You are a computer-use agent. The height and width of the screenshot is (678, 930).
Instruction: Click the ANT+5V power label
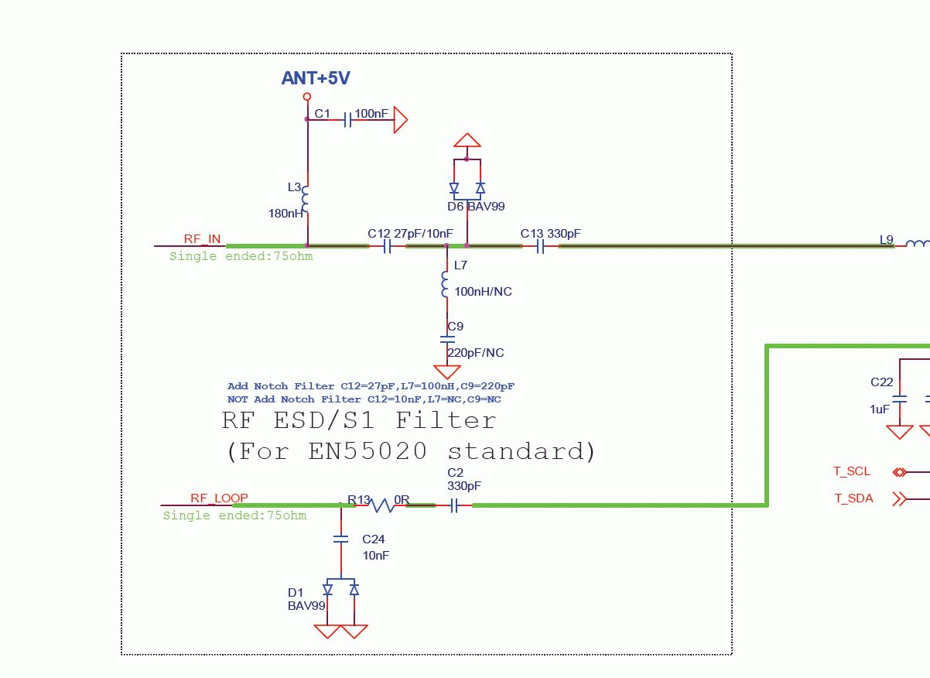pyautogui.click(x=316, y=78)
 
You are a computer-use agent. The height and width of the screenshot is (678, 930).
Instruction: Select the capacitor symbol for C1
pyautogui.click(x=347, y=120)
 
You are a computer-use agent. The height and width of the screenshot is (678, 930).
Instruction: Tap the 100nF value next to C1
pyautogui.click(x=371, y=114)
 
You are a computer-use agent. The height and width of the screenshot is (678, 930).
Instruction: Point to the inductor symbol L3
pyautogui.click(x=306, y=200)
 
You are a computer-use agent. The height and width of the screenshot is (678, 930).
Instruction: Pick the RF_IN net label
pyautogui.click(x=202, y=239)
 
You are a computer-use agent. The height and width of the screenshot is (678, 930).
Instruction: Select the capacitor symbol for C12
pyautogui.click(x=388, y=247)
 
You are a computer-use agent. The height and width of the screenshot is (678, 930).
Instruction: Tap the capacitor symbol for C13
pyautogui.click(x=542, y=247)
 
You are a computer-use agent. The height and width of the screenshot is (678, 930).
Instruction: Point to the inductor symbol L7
pyautogui.click(x=446, y=284)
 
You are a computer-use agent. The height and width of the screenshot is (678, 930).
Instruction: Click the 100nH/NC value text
pyautogui.click(x=483, y=292)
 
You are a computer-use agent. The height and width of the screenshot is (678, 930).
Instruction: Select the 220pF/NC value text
pyautogui.click(x=475, y=353)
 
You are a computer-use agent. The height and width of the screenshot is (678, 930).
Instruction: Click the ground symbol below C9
pyautogui.click(x=447, y=372)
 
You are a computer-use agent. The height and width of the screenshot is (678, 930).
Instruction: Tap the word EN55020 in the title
pyautogui.click(x=367, y=451)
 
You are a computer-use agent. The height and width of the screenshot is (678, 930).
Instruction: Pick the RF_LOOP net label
pyautogui.click(x=219, y=498)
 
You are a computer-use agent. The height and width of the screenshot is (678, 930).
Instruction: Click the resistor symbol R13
pyautogui.click(x=382, y=505)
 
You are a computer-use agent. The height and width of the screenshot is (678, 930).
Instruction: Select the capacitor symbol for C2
pyautogui.click(x=454, y=505)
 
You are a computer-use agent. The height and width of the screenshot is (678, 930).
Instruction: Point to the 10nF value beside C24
pyautogui.click(x=376, y=556)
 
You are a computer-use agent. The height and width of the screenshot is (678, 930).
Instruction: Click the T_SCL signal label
pyautogui.click(x=851, y=471)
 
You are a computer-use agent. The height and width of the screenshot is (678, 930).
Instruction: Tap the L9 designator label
pyautogui.click(x=887, y=240)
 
